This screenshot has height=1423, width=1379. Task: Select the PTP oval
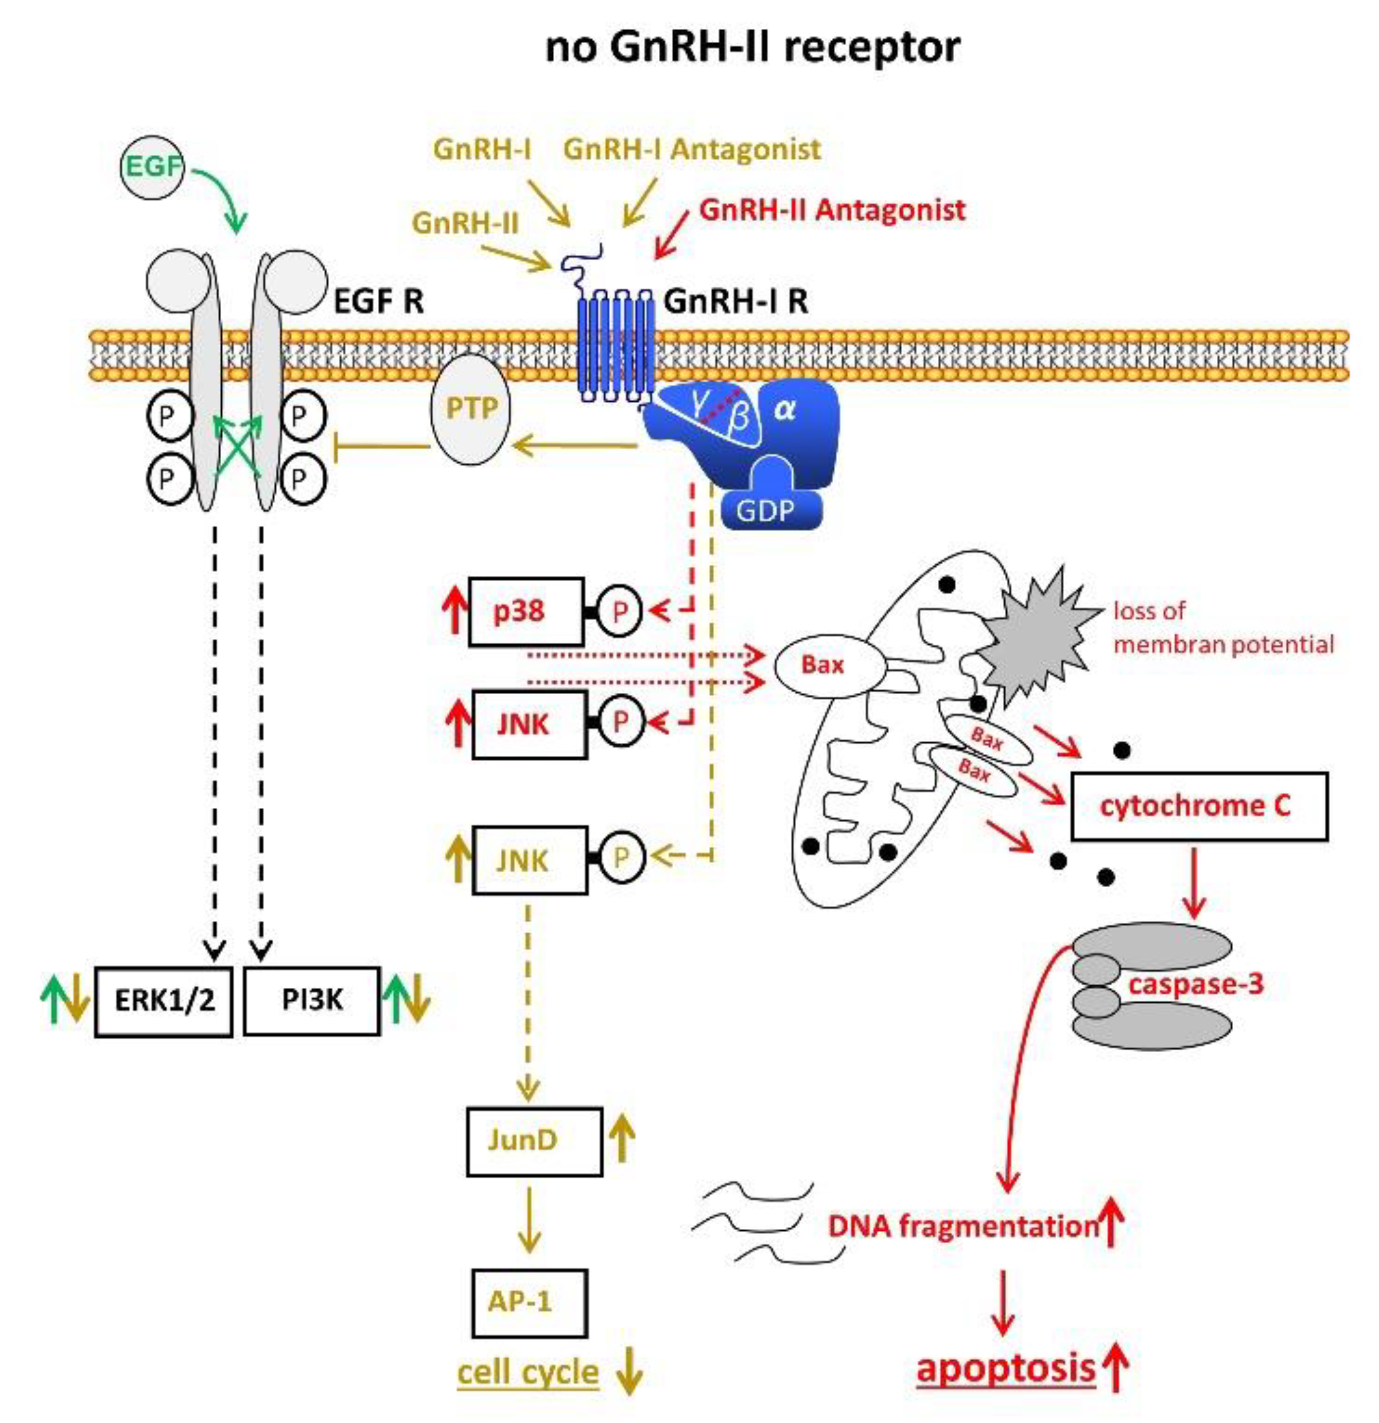(471, 409)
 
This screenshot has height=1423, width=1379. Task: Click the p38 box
(526, 611)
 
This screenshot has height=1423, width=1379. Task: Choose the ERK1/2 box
(164, 1001)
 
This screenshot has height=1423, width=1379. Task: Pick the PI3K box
(312, 1001)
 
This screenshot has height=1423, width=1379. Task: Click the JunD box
(534, 1141)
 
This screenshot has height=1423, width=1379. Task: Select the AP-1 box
(529, 1302)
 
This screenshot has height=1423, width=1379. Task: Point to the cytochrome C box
(1198, 806)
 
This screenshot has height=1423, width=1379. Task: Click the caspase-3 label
(1195, 985)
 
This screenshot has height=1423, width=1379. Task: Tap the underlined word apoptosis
(1005, 1369)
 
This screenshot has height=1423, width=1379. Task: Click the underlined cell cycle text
(528, 1374)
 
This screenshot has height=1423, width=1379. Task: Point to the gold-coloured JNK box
(529, 861)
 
